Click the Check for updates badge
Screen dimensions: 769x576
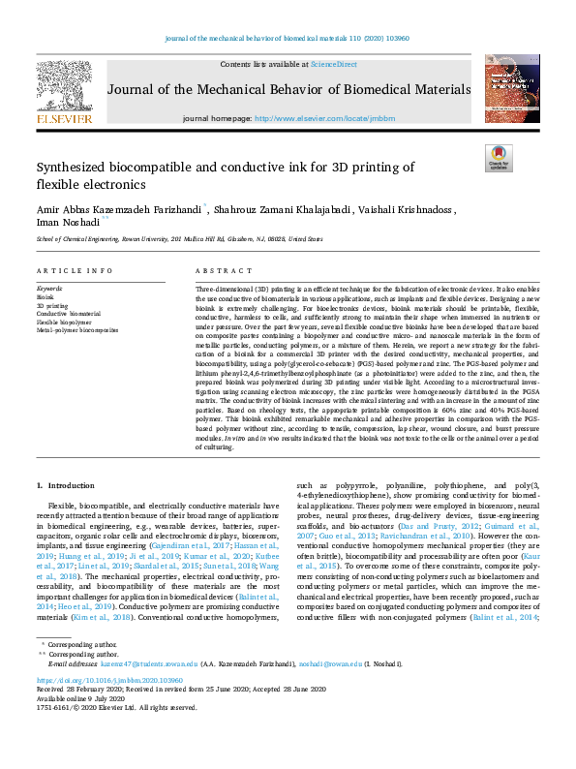point(498,159)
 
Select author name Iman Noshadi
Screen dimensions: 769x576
point(68,221)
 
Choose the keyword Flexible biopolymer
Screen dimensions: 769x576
point(64,322)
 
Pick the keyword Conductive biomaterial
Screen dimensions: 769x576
point(68,314)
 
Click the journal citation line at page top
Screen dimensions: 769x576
point(288,40)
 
